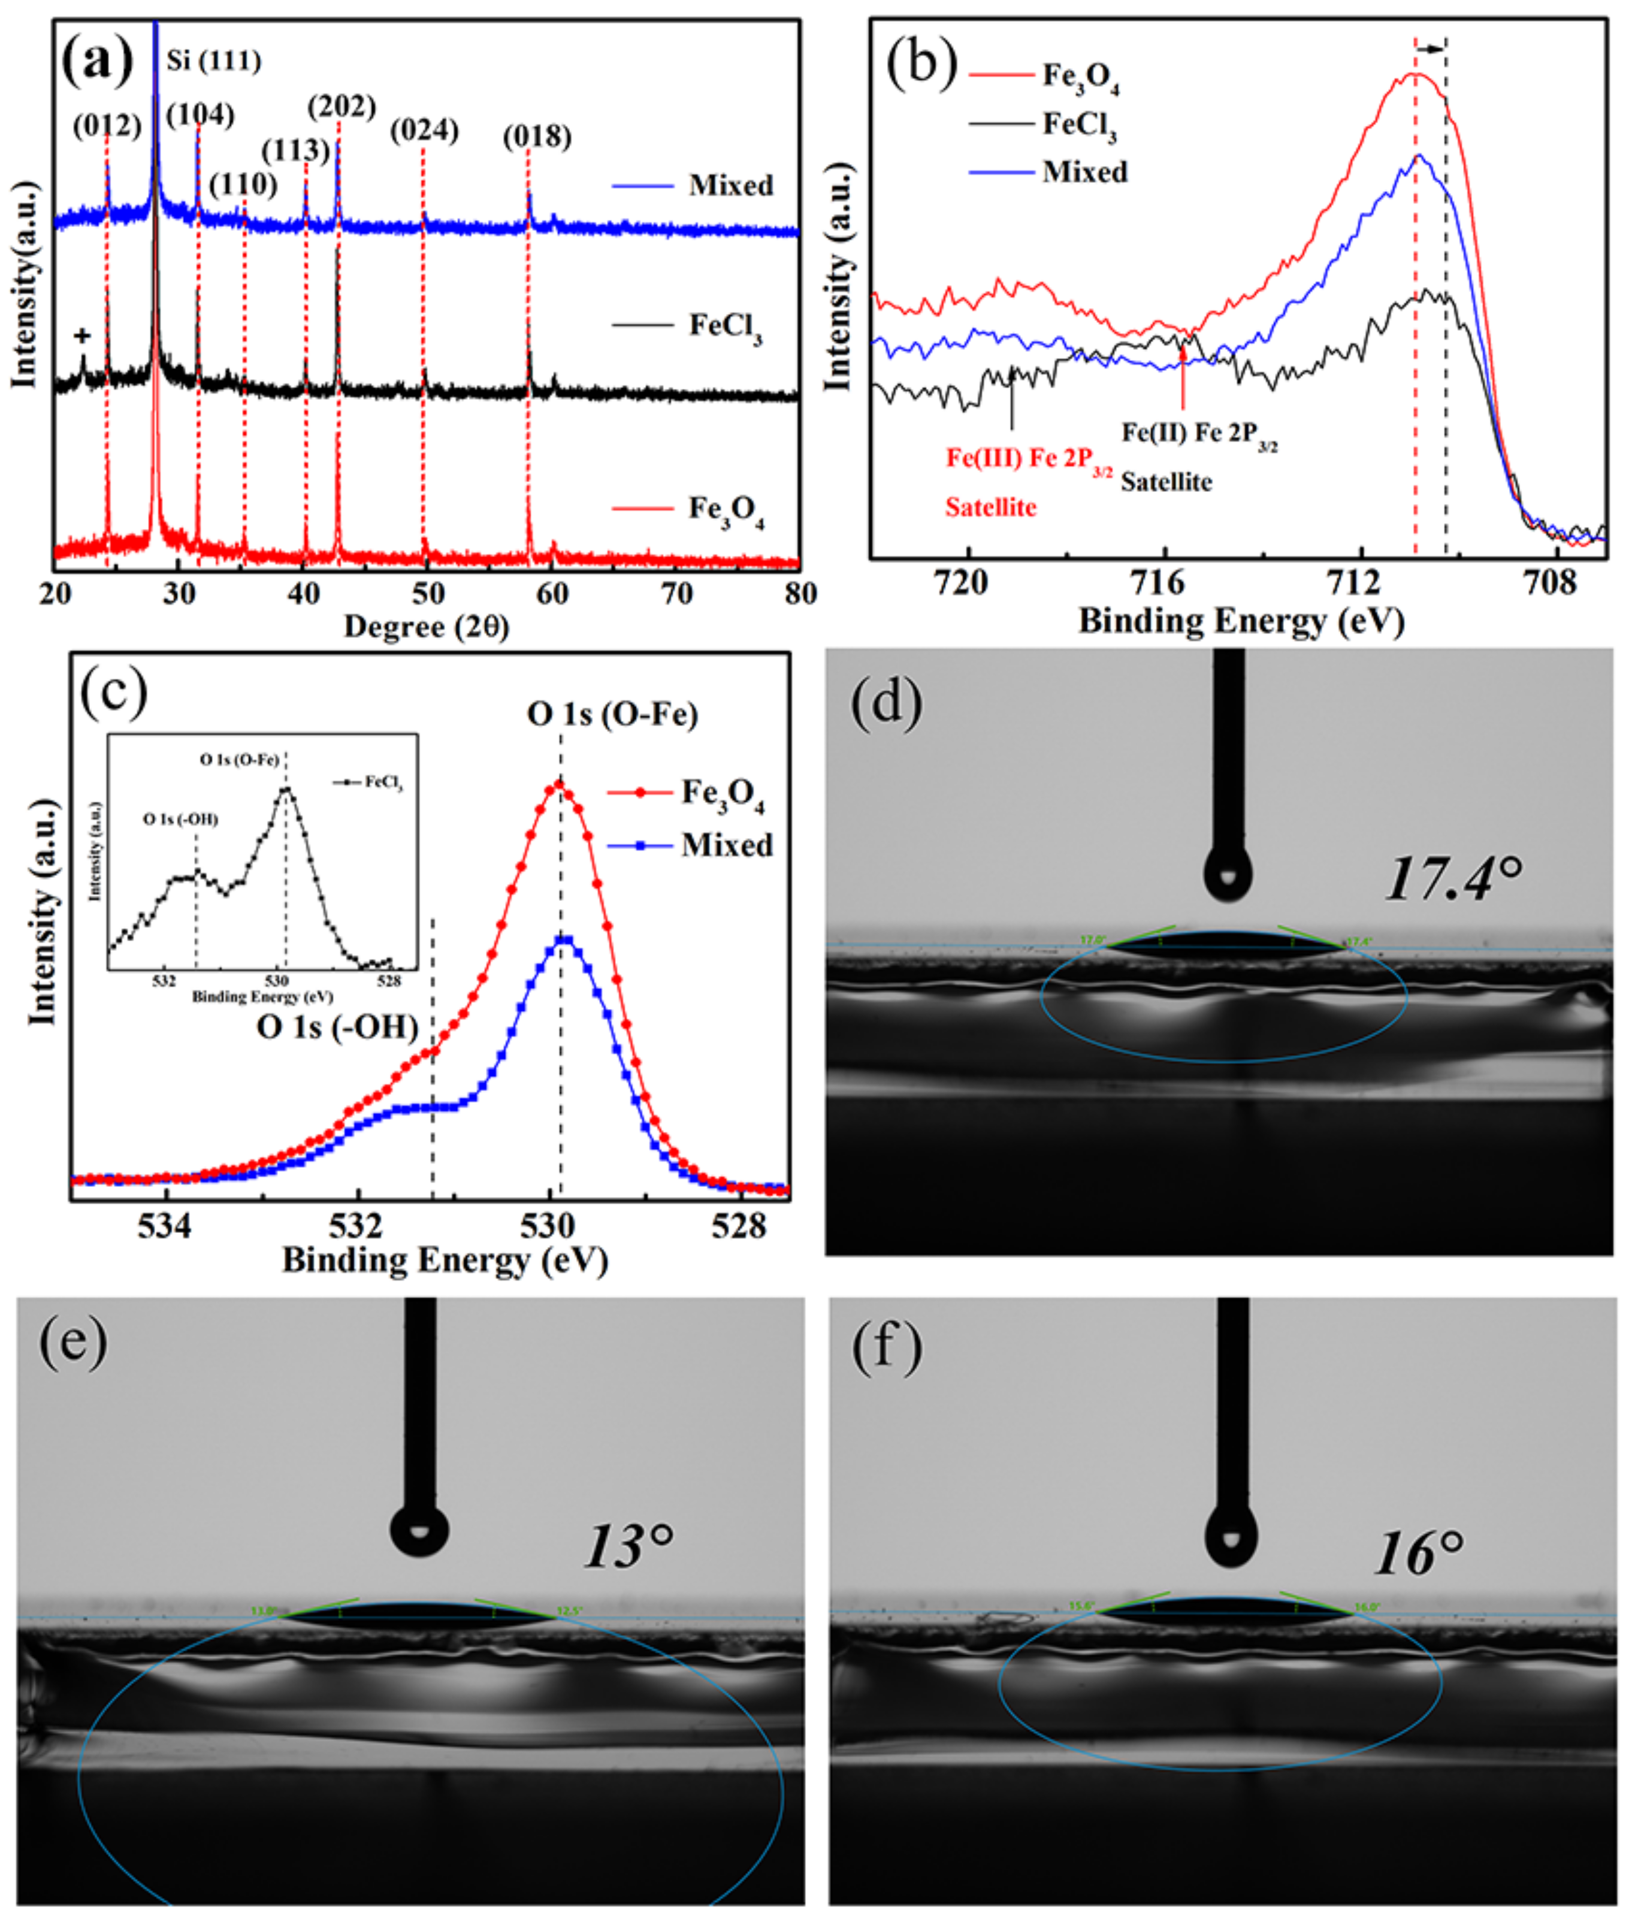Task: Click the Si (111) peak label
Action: coord(214,61)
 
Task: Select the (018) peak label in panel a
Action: coord(537,137)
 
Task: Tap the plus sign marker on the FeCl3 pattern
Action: coord(82,336)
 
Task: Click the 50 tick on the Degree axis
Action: coord(427,593)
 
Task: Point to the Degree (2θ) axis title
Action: coord(427,627)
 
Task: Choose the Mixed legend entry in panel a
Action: coord(730,186)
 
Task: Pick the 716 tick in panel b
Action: coord(1164,585)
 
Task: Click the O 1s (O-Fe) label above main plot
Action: coord(612,714)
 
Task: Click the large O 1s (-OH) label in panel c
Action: coord(338,1027)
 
